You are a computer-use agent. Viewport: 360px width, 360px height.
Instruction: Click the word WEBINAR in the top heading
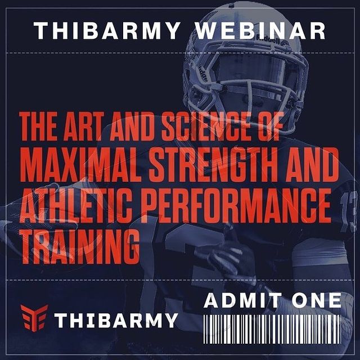(x=260, y=31)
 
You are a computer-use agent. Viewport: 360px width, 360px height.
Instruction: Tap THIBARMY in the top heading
(x=107, y=31)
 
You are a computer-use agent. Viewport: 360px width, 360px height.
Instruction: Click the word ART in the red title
(x=82, y=127)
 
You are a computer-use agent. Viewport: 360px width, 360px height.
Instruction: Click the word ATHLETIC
(x=76, y=206)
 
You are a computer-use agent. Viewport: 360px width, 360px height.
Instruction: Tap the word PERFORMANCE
(x=236, y=206)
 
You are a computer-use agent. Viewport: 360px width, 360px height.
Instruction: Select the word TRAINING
(x=80, y=246)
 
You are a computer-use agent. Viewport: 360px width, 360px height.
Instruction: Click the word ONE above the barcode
(x=317, y=300)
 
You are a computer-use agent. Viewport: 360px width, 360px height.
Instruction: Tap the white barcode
(x=272, y=329)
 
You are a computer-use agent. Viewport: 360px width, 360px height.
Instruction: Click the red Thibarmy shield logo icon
(x=34, y=318)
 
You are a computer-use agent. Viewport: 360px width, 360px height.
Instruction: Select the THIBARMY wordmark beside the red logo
(x=116, y=320)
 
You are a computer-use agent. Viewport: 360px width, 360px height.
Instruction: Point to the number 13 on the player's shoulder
(x=348, y=211)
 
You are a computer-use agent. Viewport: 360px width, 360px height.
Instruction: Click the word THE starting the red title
(x=38, y=127)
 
